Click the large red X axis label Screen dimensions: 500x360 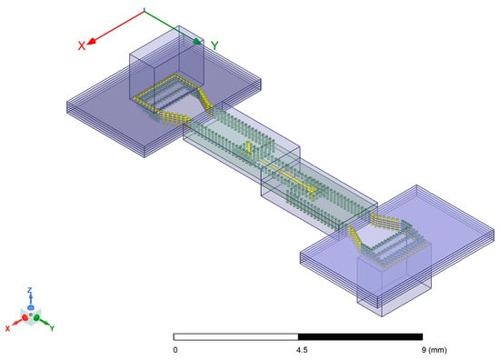(x=82, y=45)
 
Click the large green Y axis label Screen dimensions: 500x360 (x=215, y=45)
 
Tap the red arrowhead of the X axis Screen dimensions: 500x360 (x=92, y=41)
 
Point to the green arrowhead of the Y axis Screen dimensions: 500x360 (x=197, y=42)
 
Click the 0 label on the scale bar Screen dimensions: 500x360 (x=175, y=350)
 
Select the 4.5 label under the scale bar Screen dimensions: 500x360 (x=302, y=350)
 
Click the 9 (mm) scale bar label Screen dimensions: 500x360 (x=434, y=350)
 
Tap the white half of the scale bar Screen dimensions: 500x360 (x=235, y=336)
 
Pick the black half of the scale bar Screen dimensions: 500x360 (x=360, y=336)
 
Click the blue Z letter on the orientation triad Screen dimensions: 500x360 (x=30, y=290)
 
